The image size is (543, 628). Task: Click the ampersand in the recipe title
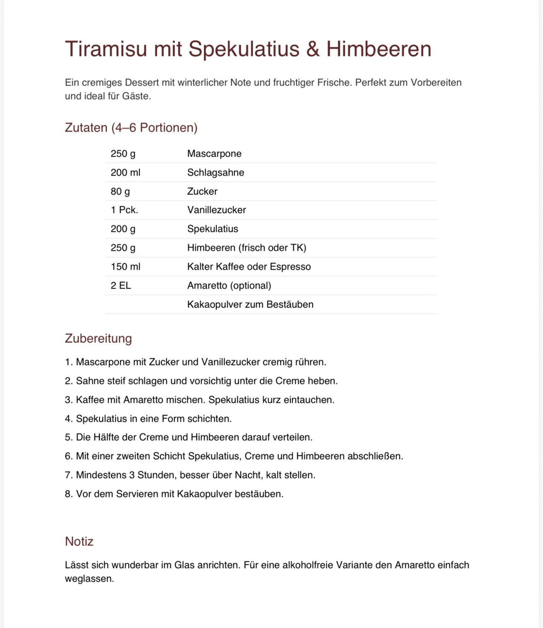[x=313, y=49]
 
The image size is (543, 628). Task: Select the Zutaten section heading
[x=131, y=127]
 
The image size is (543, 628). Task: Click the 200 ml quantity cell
[x=125, y=172]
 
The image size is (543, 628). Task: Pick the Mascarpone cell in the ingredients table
[x=214, y=154]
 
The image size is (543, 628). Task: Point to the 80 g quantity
[x=120, y=191]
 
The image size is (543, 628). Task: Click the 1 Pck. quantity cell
[x=124, y=210]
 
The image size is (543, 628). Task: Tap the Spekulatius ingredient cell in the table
[x=212, y=229]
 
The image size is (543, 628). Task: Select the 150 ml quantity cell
[x=125, y=267]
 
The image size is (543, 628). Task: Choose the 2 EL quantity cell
[x=121, y=286]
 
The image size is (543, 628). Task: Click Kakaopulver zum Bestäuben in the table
[x=250, y=304]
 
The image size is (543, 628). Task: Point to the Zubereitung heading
[x=98, y=338]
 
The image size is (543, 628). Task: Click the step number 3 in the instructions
[x=68, y=400]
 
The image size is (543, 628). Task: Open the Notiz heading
[x=79, y=541]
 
